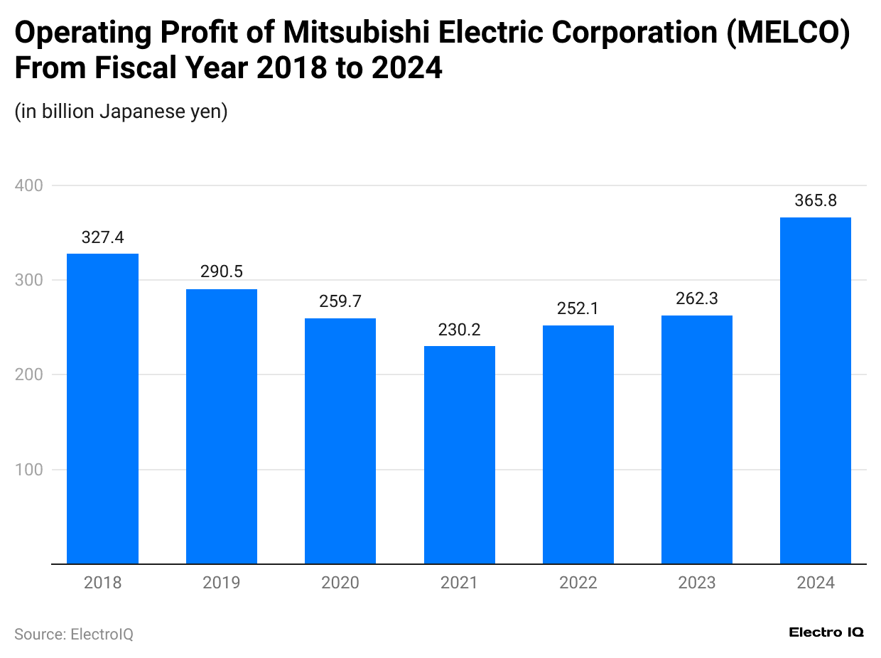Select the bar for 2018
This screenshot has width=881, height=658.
click(102, 409)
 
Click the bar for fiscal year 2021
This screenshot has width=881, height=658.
click(459, 455)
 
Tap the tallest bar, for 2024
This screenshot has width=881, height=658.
click(815, 391)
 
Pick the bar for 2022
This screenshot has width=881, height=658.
click(578, 444)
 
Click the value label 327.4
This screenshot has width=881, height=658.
click(102, 237)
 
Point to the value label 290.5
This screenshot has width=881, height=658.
click(221, 272)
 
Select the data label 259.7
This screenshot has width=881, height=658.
click(340, 301)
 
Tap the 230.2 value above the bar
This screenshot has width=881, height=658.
click(459, 330)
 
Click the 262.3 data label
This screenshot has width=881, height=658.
click(696, 299)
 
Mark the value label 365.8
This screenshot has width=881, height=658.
click(815, 201)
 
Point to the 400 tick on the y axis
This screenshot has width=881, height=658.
click(28, 185)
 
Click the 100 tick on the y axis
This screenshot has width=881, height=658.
click(28, 470)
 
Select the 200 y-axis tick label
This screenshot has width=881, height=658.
click(28, 374)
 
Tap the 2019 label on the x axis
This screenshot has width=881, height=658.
click(221, 583)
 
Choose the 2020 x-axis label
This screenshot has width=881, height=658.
click(340, 583)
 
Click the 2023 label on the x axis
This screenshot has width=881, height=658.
click(696, 583)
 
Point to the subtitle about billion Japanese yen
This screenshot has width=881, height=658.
click(121, 112)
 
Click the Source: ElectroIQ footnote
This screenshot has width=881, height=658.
click(74, 634)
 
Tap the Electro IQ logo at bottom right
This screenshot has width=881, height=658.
click(826, 632)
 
